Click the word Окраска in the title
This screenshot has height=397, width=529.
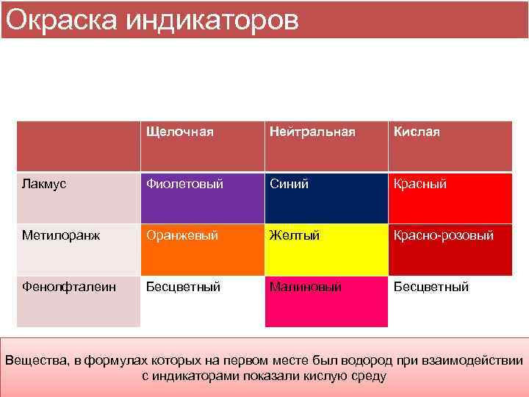point(62,21)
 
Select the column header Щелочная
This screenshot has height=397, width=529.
point(180,132)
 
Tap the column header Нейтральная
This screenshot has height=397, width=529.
point(312,132)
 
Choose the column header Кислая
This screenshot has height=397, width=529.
point(417,132)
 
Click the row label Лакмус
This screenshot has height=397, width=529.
point(44,184)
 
